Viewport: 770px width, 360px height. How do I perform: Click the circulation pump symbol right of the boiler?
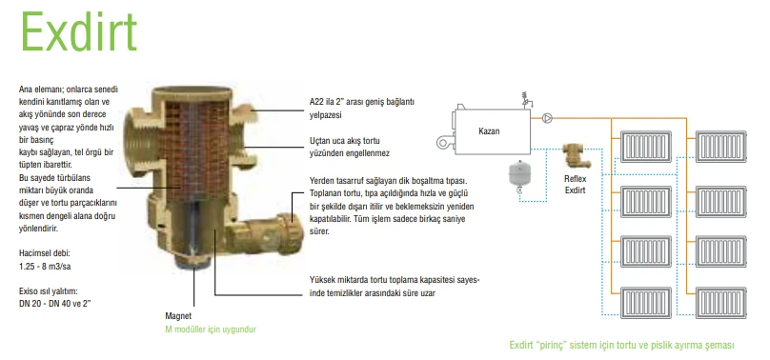click(x=549, y=120)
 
